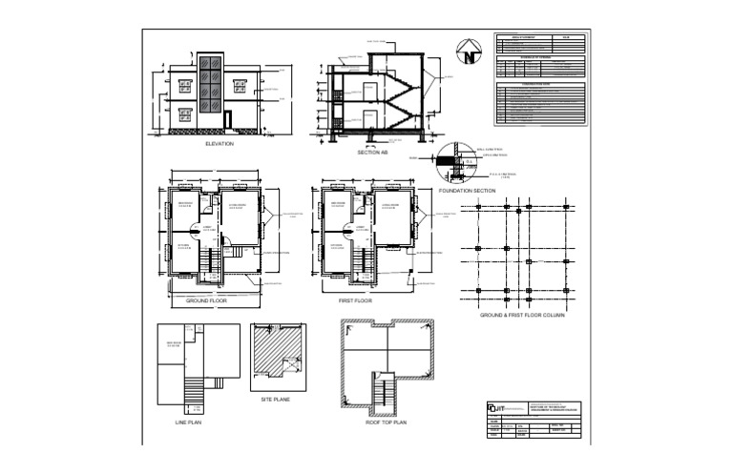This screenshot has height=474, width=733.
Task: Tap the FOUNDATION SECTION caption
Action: [466, 191]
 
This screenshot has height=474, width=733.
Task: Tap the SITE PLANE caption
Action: [276, 400]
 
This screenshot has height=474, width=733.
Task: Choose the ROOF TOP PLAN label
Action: [386, 422]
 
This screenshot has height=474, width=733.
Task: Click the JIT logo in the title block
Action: [492, 409]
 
